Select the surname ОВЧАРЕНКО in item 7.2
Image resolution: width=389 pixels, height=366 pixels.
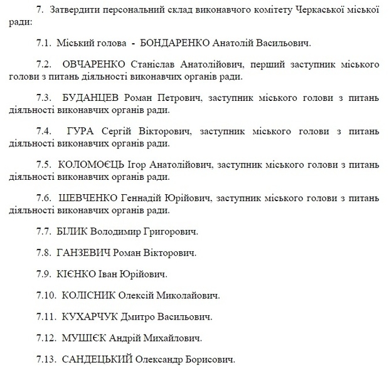tap(95, 65)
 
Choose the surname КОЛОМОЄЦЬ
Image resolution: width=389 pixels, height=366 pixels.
tap(94, 164)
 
